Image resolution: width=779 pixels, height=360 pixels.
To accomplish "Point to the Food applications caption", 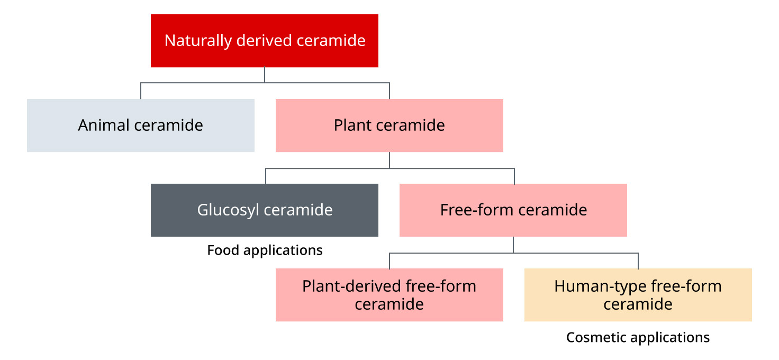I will coord(265,250).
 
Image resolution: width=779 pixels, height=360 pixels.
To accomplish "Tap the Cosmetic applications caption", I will coord(638,337).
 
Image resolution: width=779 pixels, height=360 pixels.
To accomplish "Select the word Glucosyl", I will coord(229,210).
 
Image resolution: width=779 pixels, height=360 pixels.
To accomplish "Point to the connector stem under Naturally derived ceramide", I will coord(265,75).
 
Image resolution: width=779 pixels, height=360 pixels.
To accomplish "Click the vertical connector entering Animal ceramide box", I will coord(141,91).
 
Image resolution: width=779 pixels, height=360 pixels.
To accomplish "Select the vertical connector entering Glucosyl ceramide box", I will coord(266,176).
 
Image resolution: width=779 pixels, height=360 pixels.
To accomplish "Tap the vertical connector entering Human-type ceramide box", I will coord(638,260).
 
